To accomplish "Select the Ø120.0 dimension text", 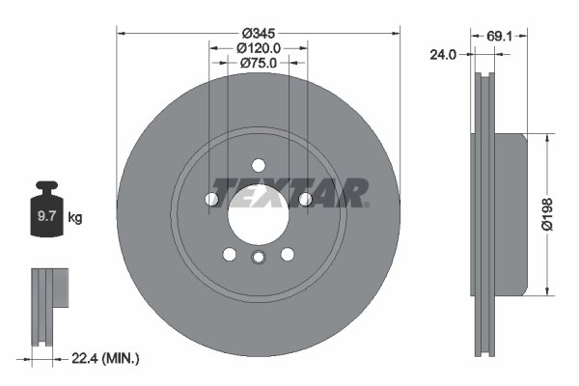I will point(258,46).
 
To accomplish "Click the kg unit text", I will point(75,218).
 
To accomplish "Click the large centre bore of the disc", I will point(258,214).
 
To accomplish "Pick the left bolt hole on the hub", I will point(211,199).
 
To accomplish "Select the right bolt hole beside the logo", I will point(305,199).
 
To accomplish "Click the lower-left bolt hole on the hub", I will point(230,254).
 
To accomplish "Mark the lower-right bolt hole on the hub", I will point(287,254).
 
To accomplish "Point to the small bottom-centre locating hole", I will point(258,258).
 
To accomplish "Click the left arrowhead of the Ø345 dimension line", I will point(121,31).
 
